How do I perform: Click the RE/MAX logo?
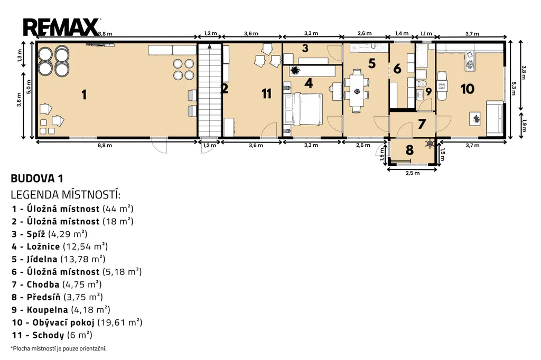tap(61, 27)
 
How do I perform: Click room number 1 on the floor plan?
tap(84, 94)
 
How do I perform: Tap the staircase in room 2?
tap(209, 90)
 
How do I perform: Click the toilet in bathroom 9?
tap(422, 83)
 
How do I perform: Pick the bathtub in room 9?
tap(421, 55)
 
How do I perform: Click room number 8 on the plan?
tap(409, 150)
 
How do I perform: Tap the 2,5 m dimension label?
tap(413, 173)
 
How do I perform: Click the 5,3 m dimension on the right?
tap(514, 89)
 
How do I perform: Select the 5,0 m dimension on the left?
tap(29, 87)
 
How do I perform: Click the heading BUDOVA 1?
tap(37, 178)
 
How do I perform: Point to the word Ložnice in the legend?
tap(43, 247)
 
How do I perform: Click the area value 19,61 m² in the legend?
tap(120, 323)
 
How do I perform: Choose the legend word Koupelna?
tap(47, 310)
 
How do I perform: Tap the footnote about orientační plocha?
tap(59, 348)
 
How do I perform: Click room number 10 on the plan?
tap(468, 89)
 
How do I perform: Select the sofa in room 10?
tap(495, 118)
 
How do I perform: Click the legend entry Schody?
tap(48, 335)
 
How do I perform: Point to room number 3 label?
tap(305, 48)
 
